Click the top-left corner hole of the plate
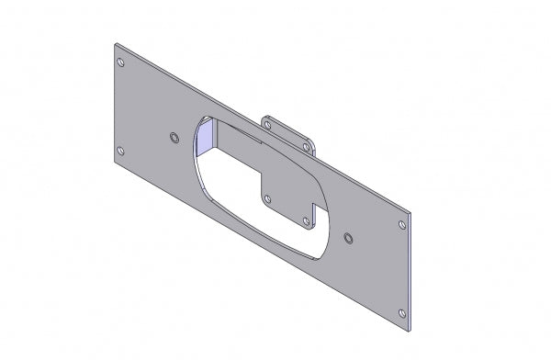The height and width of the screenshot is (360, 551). [x=121, y=62]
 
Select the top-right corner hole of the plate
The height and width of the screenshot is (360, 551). [x=400, y=222]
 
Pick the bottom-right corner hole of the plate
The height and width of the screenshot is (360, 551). [x=401, y=313]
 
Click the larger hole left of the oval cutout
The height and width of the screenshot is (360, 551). [x=174, y=137]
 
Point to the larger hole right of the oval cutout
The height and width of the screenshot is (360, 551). [x=347, y=238]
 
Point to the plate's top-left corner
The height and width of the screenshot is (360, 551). [x=115, y=42]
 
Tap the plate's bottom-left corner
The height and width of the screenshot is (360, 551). [x=114, y=163]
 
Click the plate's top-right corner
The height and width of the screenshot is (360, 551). [x=410, y=212]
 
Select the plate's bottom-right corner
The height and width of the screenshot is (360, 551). [x=410, y=333]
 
